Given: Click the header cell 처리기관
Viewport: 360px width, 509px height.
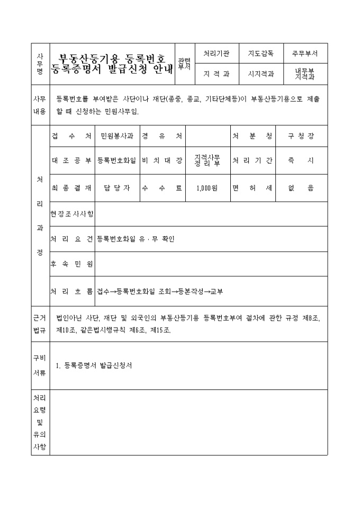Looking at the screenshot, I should coord(217,53).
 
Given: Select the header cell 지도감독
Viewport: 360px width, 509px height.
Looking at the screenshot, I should coord(260,53).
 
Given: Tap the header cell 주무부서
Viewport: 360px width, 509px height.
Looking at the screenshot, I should coord(305,53).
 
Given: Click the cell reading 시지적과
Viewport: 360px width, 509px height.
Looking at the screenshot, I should coord(260,74).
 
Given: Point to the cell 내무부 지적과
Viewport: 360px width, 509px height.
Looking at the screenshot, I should coord(305,74).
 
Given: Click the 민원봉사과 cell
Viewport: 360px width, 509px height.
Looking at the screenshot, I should coord(117,136).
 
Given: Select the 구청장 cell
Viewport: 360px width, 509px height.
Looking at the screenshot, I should coord(301,136).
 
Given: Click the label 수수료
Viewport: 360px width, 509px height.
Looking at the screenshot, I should coord(162,187).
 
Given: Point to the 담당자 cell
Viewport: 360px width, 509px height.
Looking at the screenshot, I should coord(117,187).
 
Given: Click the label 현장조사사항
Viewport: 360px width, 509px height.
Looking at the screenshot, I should coord(71,214).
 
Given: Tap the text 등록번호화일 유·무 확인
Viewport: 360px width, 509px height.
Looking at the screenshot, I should coord(136,239).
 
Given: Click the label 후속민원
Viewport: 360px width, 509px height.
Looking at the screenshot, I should coord(71,263).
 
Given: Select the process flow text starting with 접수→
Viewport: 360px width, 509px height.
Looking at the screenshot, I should coord(160,291).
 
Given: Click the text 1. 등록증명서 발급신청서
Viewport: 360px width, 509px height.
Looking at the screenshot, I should coord(93,365).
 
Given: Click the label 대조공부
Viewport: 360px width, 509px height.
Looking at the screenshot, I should coord(71,160).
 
